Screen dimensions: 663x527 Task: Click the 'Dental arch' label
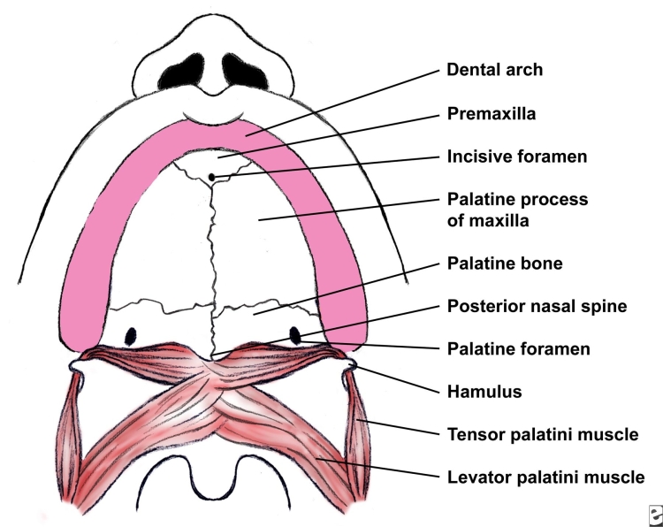pyautogui.click(x=494, y=70)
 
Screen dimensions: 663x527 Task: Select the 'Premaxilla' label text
pyautogui.click(x=492, y=113)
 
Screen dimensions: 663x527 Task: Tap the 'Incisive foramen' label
pyautogui.click(x=517, y=157)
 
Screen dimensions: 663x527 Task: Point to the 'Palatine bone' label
pyautogui.click(x=505, y=263)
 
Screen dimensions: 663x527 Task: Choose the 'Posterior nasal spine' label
pyautogui.click(x=537, y=306)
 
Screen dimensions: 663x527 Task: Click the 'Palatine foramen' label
pyautogui.click(x=518, y=349)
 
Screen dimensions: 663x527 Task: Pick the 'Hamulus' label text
pyautogui.click(x=484, y=392)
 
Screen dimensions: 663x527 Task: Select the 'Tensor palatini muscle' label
pyautogui.click(x=543, y=434)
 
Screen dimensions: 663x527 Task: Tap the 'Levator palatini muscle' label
pyautogui.click(x=546, y=477)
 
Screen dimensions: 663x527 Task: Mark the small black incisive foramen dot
pyautogui.click(x=212, y=177)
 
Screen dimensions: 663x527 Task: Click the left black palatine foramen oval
pyautogui.click(x=131, y=336)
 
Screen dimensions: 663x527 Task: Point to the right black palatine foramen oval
pyautogui.click(x=295, y=335)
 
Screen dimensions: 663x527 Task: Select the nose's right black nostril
pyautogui.click(x=245, y=72)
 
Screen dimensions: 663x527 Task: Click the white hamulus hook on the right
pyautogui.click(x=349, y=364)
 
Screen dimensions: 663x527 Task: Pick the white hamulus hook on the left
pyautogui.click(x=77, y=366)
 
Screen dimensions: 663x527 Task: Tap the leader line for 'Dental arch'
pyautogui.click(x=343, y=103)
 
